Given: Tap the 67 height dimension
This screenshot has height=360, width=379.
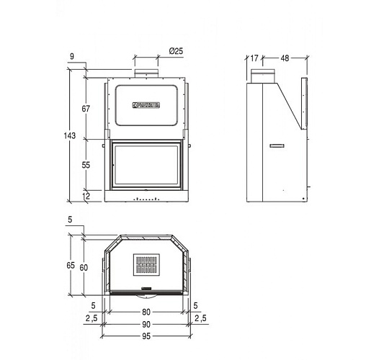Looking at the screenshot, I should [x=85, y=108].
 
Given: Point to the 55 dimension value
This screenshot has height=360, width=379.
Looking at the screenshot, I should [x=85, y=165].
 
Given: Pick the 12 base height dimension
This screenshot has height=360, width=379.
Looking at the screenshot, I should [x=86, y=195].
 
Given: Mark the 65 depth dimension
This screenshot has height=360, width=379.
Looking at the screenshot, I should [x=71, y=266].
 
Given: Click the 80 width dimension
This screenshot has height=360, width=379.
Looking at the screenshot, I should [x=146, y=312].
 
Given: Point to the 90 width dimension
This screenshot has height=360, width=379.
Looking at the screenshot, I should [x=146, y=325].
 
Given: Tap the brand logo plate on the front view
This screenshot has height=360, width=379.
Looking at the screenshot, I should [x=149, y=105].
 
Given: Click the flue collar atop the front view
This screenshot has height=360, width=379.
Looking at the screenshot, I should [x=146, y=73].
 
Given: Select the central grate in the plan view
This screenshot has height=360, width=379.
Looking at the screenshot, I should [x=147, y=266].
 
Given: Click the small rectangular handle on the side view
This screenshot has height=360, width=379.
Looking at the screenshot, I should [x=277, y=145].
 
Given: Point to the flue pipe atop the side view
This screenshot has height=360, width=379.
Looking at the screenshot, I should [x=258, y=74].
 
